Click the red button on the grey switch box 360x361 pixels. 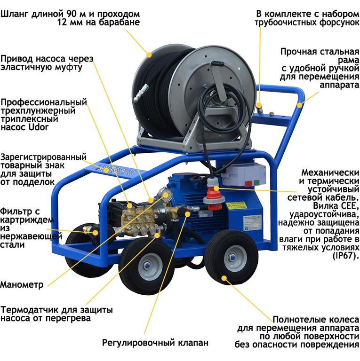[x=248, y=183]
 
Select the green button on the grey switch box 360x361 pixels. [x=256, y=183]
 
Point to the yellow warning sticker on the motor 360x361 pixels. [x=236, y=205]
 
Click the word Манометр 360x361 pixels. [x=22, y=284]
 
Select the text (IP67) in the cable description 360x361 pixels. [x=346, y=256]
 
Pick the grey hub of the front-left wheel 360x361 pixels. [x=149, y=267]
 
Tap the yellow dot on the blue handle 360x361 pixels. [x=299, y=105]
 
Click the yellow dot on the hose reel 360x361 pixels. [x=149, y=55]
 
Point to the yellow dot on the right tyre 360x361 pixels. [x=224, y=278]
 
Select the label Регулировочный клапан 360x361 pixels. [x=155, y=343]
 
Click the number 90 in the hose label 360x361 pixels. [x=72, y=14]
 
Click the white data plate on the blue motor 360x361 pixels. [x=252, y=222]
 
